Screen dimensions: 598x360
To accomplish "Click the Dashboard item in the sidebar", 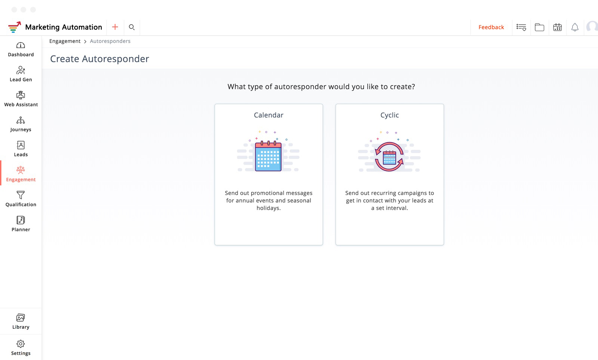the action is (x=21, y=50).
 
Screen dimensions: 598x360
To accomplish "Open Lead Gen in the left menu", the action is (x=21, y=74).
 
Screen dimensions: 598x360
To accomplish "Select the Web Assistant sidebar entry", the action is (x=21, y=99).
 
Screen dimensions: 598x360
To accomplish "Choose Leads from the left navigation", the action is (x=21, y=149).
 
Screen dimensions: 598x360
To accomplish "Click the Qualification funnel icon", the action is (x=21, y=195).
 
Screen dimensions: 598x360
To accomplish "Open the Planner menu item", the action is (x=21, y=224).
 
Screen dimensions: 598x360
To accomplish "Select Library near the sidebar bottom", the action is (x=21, y=321).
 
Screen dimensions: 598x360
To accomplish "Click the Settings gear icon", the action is (x=21, y=344).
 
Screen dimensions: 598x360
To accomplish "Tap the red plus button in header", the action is (x=115, y=27).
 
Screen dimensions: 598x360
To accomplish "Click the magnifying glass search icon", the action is (x=132, y=27).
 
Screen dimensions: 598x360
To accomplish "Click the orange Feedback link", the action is (x=491, y=27).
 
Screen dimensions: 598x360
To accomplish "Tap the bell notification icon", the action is (x=575, y=27).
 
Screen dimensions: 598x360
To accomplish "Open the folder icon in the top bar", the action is (x=540, y=27).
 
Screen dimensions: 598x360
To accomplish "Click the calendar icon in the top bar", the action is (x=557, y=27).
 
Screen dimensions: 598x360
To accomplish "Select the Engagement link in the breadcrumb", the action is (x=65, y=41).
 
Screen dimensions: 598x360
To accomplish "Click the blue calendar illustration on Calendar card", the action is (x=268, y=156).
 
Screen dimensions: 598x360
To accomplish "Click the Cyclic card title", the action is (x=389, y=115).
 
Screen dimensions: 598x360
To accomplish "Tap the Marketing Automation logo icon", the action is (x=15, y=27).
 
